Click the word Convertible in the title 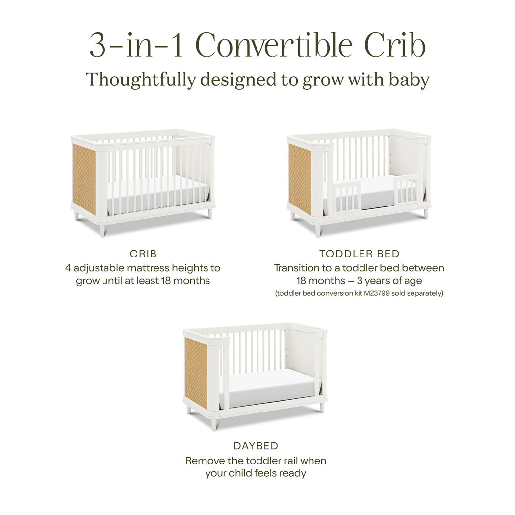coord(276,46)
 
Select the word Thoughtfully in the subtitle coord(141,80)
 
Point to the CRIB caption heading coord(143,254)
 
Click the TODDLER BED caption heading coord(359,254)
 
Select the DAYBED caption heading coord(256,446)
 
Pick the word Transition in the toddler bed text coord(300,268)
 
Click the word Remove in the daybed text coord(204,461)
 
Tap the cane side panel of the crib coord(84,179)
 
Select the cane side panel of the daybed coord(196,374)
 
